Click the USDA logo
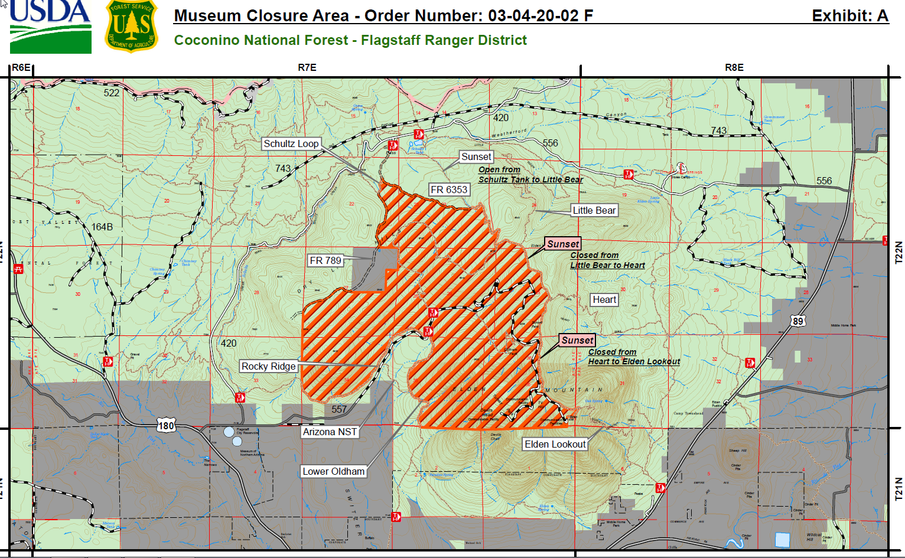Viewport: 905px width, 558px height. pos(50,26)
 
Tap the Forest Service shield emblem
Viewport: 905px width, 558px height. pos(132,27)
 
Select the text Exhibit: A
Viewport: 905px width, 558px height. pos(849,16)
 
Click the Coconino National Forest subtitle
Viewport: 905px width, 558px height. pos(350,40)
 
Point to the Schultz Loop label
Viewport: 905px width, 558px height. pos(291,143)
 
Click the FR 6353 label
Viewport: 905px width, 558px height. pos(449,190)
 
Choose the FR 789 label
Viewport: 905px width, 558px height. pos(325,260)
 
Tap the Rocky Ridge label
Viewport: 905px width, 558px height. pos(268,366)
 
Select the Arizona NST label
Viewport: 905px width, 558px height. pos(330,432)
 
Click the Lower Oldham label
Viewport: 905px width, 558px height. pos(334,471)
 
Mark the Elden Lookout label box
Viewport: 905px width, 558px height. pos(555,444)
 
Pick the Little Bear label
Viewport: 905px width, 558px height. pos(594,210)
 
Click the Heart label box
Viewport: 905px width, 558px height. pos(604,299)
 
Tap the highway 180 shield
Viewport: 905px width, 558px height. pos(166,425)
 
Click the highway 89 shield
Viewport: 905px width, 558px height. pos(798,321)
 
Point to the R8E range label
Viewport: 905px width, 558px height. pos(734,67)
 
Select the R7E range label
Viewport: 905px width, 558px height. pos(307,67)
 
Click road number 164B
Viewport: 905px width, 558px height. pos(102,227)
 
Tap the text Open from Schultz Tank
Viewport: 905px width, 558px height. pos(499,169)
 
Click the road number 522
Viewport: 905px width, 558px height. pos(112,93)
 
